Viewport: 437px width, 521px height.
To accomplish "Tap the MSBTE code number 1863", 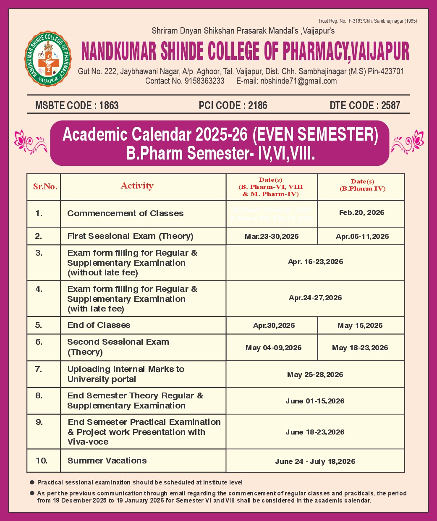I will point(109,105).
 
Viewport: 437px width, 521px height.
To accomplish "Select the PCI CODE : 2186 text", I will point(233,105).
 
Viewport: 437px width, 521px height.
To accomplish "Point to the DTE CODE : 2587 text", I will point(365,105).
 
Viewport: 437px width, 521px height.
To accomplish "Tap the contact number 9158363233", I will point(204,81).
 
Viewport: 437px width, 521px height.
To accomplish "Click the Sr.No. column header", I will point(45,187).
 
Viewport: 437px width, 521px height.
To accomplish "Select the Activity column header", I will point(137,186).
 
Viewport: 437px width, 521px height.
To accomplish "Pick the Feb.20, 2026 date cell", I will point(361,212).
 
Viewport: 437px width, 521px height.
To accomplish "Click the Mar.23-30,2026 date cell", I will point(272,236).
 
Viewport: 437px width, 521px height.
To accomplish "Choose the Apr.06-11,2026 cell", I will point(362,236).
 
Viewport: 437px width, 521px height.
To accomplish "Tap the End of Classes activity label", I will point(99,325).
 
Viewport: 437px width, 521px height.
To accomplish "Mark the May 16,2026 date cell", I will point(360,325).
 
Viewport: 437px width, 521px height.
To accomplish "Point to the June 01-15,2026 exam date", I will point(315,401).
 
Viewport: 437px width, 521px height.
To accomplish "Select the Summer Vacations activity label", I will point(107,461).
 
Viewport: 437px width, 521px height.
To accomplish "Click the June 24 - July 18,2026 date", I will point(315,461).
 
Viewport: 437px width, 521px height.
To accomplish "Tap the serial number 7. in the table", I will point(39,369).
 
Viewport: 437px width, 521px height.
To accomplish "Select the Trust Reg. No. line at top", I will point(367,21).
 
